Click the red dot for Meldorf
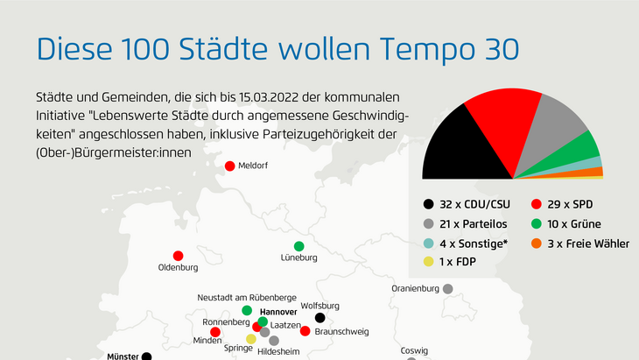click(230, 166)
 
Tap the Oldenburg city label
click(178, 267)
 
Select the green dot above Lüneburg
click(298, 246)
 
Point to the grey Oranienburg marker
click(448, 289)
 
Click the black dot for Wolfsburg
click(319, 317)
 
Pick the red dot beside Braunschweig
click(305, 331)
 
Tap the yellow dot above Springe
click(251, 339)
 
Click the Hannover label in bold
click(278, 312)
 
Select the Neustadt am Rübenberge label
click(247, 298)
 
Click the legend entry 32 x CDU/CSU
click(467, 204)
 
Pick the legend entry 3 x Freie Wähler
click(580, 244)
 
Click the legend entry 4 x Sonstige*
click(466, 244)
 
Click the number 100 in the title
click(145, 49)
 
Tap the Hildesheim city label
click(278, 351)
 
